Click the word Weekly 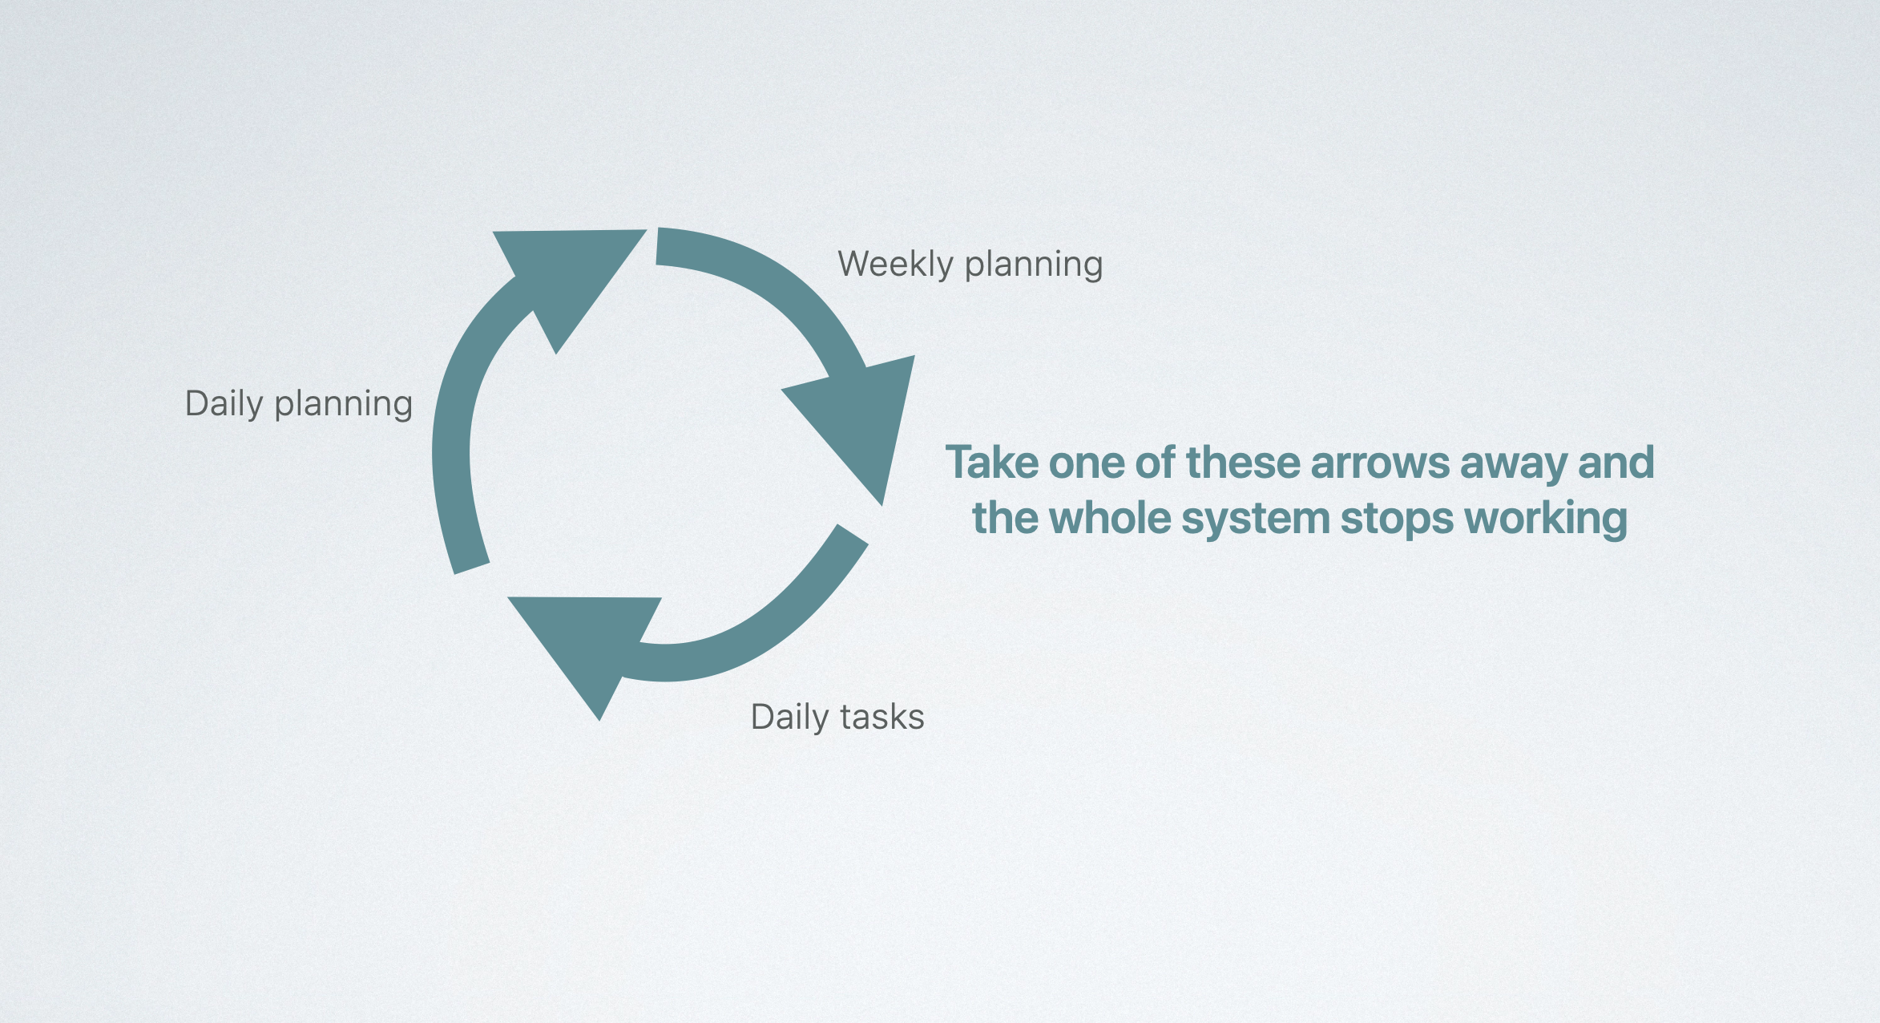coord(895,265)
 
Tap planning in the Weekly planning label coord(1034,265)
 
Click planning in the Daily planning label coord(343,405)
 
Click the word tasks coord(882,717)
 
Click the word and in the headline coord(1616,463)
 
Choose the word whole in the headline coord(1110,518)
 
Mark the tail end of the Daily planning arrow coord(472,568)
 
